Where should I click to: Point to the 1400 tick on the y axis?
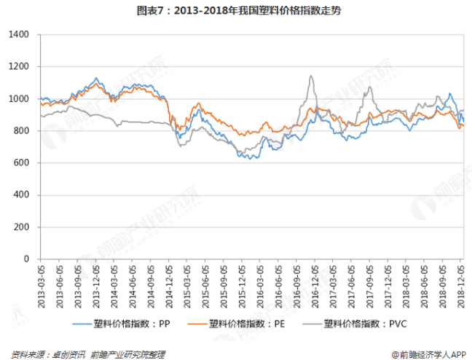pos(19,34)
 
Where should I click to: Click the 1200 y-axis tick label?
pos(19,66)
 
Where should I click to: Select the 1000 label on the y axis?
pos(19,98)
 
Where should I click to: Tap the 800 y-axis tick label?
pos(21,130)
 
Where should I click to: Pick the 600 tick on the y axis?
pos(21,163)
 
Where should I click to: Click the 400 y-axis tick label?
pos(21,195)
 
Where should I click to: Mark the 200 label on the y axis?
pos(21,227)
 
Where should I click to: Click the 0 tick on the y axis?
pos(25,259)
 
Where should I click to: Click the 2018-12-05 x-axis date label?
pos(460,286)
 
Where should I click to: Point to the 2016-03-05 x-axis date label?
pos(260,286)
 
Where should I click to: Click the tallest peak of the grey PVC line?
pos(311,75)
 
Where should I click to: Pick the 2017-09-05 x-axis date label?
pos(369,286)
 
